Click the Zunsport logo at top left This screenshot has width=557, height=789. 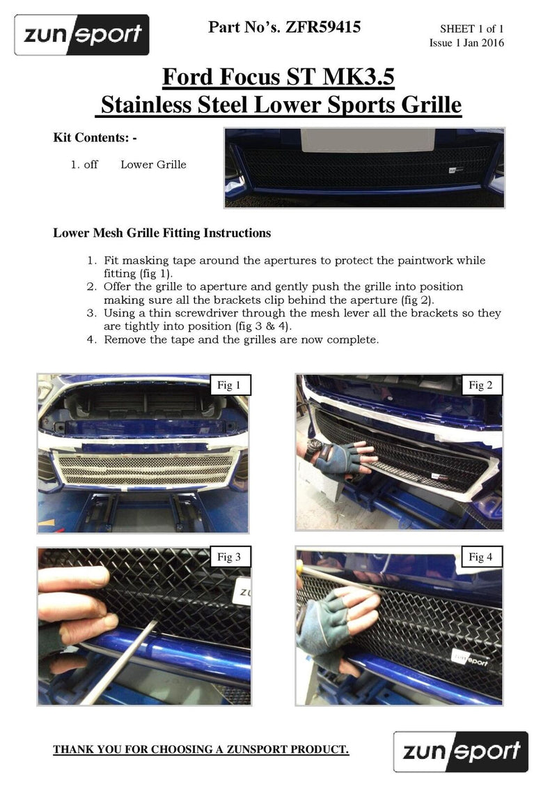click(82, 34)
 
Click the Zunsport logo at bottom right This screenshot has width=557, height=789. click(460, 751)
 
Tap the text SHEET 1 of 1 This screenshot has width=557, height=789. click(471, 29)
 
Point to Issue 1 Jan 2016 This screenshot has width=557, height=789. click(466, 43)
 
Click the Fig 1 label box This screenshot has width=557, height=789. click(229, 385)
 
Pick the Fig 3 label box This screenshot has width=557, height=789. click(229, 557)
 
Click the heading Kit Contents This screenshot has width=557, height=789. click(95, 138)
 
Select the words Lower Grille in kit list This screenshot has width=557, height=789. click(153, 165)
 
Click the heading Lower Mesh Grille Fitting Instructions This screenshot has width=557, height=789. click(162, 233)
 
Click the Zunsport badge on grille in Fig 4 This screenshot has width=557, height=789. click(473, 657)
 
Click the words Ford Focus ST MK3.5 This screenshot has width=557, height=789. click(278, 77)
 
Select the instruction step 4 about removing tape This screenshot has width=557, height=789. click(241, 340)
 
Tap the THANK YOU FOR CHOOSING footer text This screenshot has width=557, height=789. click(201, 750)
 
